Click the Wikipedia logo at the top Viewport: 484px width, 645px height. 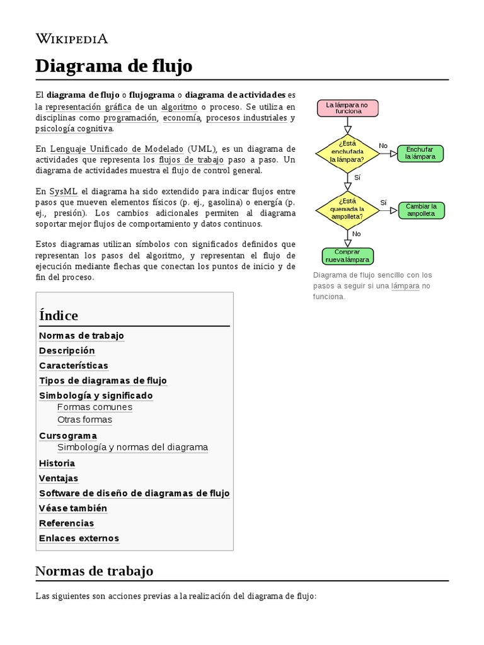(x=72, y=38)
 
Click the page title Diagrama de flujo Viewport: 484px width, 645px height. (x=113, y=66)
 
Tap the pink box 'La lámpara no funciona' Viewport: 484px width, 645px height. (x=348, y=108)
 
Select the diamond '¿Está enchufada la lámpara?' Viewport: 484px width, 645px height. (x=347, y=151)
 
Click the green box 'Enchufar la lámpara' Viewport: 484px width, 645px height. (x=420, y=153)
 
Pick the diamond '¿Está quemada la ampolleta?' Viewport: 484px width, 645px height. (x=347, y=208)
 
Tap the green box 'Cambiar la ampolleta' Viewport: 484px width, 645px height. (x=421, y=210)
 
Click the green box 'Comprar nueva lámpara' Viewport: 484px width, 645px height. (x=347, y=256)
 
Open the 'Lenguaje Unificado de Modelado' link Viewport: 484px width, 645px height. (x=117, y=149)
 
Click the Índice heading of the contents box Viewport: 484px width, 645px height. (x=59, y=316)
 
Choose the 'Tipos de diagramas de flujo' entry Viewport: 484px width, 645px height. (x=103, y=380)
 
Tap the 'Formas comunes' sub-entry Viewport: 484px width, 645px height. (x=95, y=407)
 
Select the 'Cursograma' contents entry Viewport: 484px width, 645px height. (x=68, y=435)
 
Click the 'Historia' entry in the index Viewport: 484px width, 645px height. (x=57, y=463)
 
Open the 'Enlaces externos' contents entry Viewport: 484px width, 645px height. (x=79, y=538)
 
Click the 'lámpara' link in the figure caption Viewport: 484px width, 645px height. (x=405, y=285)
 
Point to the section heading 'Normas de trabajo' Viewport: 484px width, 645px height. (x=94, y=571)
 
